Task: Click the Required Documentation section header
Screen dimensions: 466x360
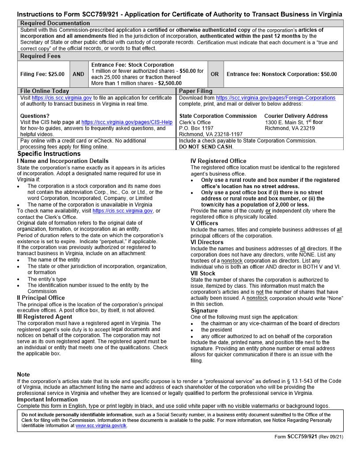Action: (55, 23)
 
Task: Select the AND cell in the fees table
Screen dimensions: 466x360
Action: (78, 74)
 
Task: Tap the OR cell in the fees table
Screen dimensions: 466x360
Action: (214, 74)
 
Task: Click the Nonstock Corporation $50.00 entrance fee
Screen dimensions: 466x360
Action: (281, 74)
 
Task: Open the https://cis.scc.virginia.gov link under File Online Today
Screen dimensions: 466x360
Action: (62, 98)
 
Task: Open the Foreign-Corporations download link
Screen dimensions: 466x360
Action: (275, 98)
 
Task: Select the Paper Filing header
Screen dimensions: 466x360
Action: (195, 91)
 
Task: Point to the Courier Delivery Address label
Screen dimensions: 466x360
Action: (296, 116)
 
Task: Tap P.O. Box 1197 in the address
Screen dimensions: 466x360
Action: (196, 128)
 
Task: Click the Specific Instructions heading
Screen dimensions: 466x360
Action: (49, 154)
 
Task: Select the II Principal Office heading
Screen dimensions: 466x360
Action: (41, 298)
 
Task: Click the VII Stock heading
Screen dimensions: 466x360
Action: (203, 274)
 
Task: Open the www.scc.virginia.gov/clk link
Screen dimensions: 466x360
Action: (101, 426)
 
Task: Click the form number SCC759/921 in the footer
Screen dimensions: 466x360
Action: (302, 437)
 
